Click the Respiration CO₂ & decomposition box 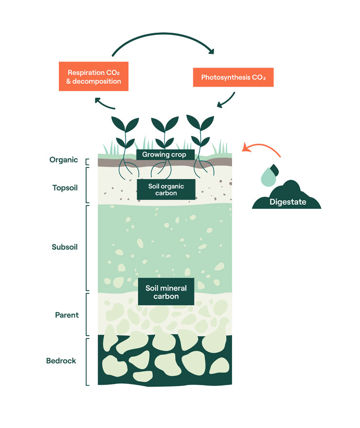(93, 76)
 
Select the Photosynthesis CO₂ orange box (233, 77)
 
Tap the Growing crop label (165, 155)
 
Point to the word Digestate (288, 202)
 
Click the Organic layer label (64, 160)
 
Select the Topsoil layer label (65, 187)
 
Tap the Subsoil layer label (65, 247)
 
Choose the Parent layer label (67, 315)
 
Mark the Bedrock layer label (61, 361)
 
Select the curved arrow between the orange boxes (163, 45)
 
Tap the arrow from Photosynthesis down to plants (227, 101)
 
